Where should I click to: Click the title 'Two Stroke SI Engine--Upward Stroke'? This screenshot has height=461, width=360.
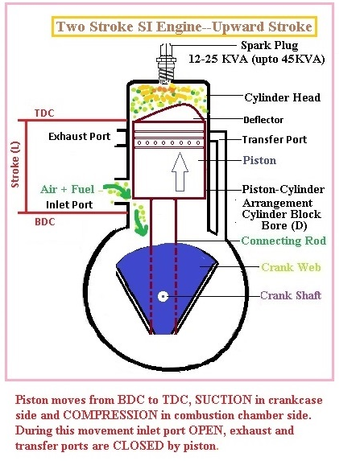(x=183, y=27)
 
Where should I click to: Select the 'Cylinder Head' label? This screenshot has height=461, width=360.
(x=283, y=97)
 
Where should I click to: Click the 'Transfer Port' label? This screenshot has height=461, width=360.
(x=274, y=139)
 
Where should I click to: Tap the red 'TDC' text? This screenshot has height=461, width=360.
(x=46, y=113)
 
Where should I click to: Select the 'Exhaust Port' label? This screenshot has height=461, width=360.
(x=78, y=136)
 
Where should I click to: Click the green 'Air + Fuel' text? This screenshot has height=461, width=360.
(x=68, y=189)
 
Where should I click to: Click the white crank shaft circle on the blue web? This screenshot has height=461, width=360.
(x=163, y=296)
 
